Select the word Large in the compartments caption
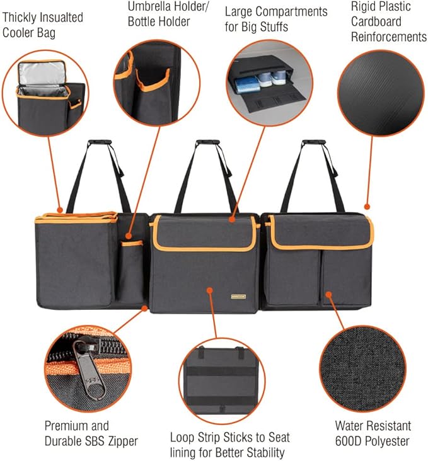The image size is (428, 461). click(240, 12)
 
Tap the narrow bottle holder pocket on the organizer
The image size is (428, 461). click(131, 271)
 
